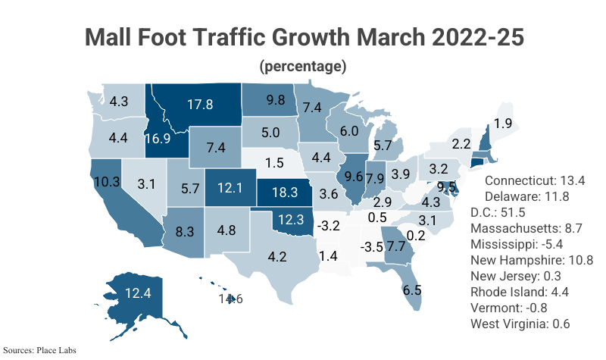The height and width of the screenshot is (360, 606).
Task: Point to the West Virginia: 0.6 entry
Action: [520, 324]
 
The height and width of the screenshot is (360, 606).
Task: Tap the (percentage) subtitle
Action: [303, 66]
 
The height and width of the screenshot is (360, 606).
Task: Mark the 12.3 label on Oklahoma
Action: [291, 220]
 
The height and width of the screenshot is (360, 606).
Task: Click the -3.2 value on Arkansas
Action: [327, 225]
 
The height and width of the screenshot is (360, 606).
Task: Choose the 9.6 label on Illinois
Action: [355, 177]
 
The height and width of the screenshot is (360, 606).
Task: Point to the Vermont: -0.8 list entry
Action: [509, 308]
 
